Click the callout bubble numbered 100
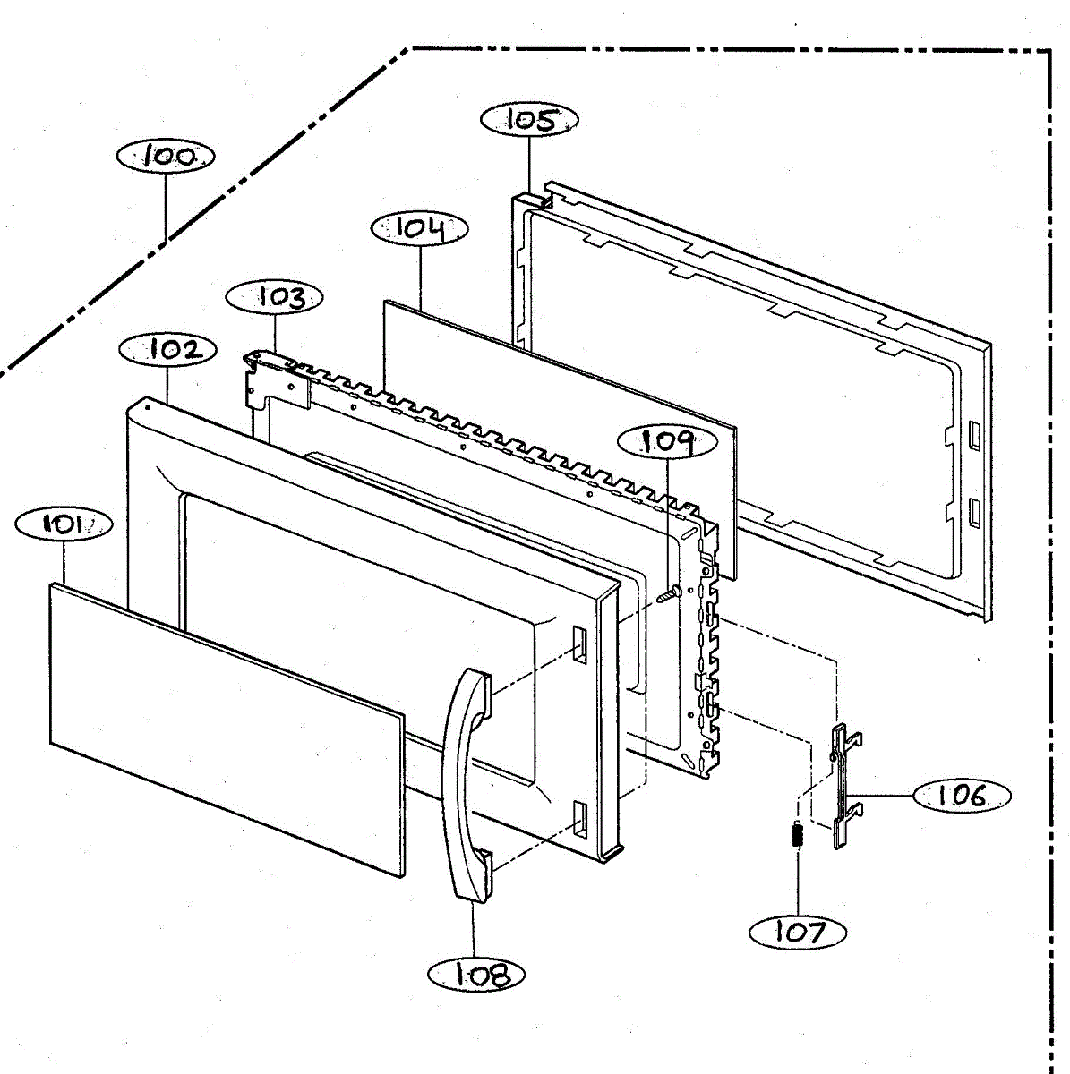pos(166,157)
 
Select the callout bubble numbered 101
pos(63,524)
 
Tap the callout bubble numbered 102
pos(167,349)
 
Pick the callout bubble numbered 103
pos(275,297)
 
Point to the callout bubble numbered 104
pos(419,228)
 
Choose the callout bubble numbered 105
pos(529,120)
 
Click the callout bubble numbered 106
pos(962,795)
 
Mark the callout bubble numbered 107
pos(798,932)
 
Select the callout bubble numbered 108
pos(476,975)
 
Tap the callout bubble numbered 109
pos(668,441)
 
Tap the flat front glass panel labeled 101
pos(224,725)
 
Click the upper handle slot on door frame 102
pos(578,644)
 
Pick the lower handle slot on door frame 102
pos(579,819)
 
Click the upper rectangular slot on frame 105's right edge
pos(972,434)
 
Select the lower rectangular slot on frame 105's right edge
pos(972,514)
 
